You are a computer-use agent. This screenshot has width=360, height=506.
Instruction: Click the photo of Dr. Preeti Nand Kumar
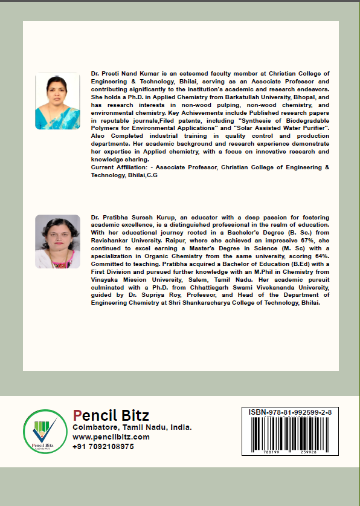(57, 101)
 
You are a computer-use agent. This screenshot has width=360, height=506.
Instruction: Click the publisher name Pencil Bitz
(111, 415)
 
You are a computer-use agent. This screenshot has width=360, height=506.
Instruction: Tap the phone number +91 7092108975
(103, 446)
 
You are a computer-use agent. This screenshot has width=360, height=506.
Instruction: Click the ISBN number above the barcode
(290, 412)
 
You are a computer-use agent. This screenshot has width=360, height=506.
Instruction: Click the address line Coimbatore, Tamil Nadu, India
(132, 427)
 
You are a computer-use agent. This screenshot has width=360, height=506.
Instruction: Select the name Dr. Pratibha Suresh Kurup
(127, 216)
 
